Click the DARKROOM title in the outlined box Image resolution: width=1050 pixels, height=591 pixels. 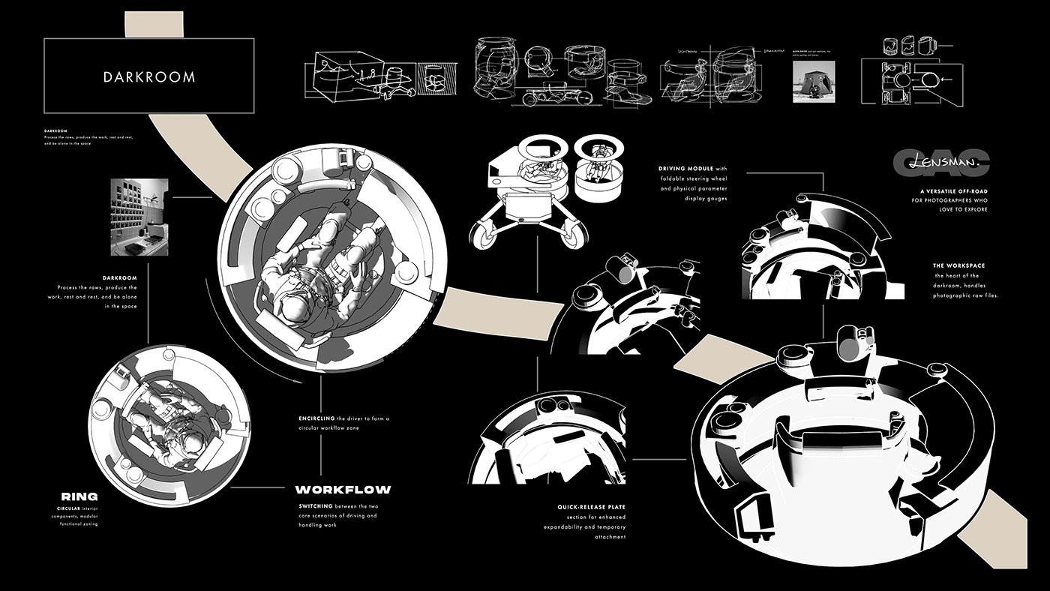pyautogui.click(x=149, y=76)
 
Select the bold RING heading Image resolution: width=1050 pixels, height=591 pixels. pyautogui.click(x=79, y=496)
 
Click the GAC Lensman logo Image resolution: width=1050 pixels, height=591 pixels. pyautogui.click(x=941, y=160)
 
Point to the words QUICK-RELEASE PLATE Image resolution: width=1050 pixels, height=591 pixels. pyautogui.click(x=591, y=507)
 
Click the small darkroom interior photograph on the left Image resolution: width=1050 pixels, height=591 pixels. pyautogui.click(x=139, y=217)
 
